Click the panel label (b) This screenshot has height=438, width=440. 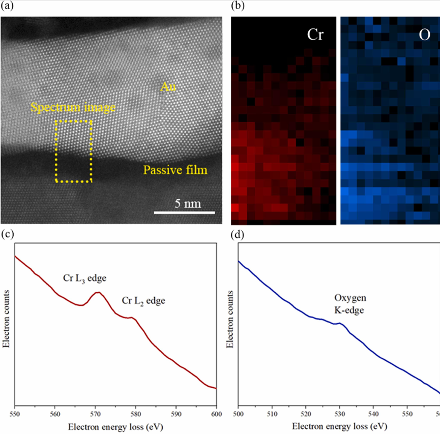click(x=238, y=7)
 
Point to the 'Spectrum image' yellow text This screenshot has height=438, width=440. click(x=73, y=108)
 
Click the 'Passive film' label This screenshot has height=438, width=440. click(x=175, y=170)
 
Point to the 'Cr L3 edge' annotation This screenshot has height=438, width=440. click(x=84, y=278)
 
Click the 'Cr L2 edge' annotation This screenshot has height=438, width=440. click(x=144, y=301)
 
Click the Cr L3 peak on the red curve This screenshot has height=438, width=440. click(x=97, y=292)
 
